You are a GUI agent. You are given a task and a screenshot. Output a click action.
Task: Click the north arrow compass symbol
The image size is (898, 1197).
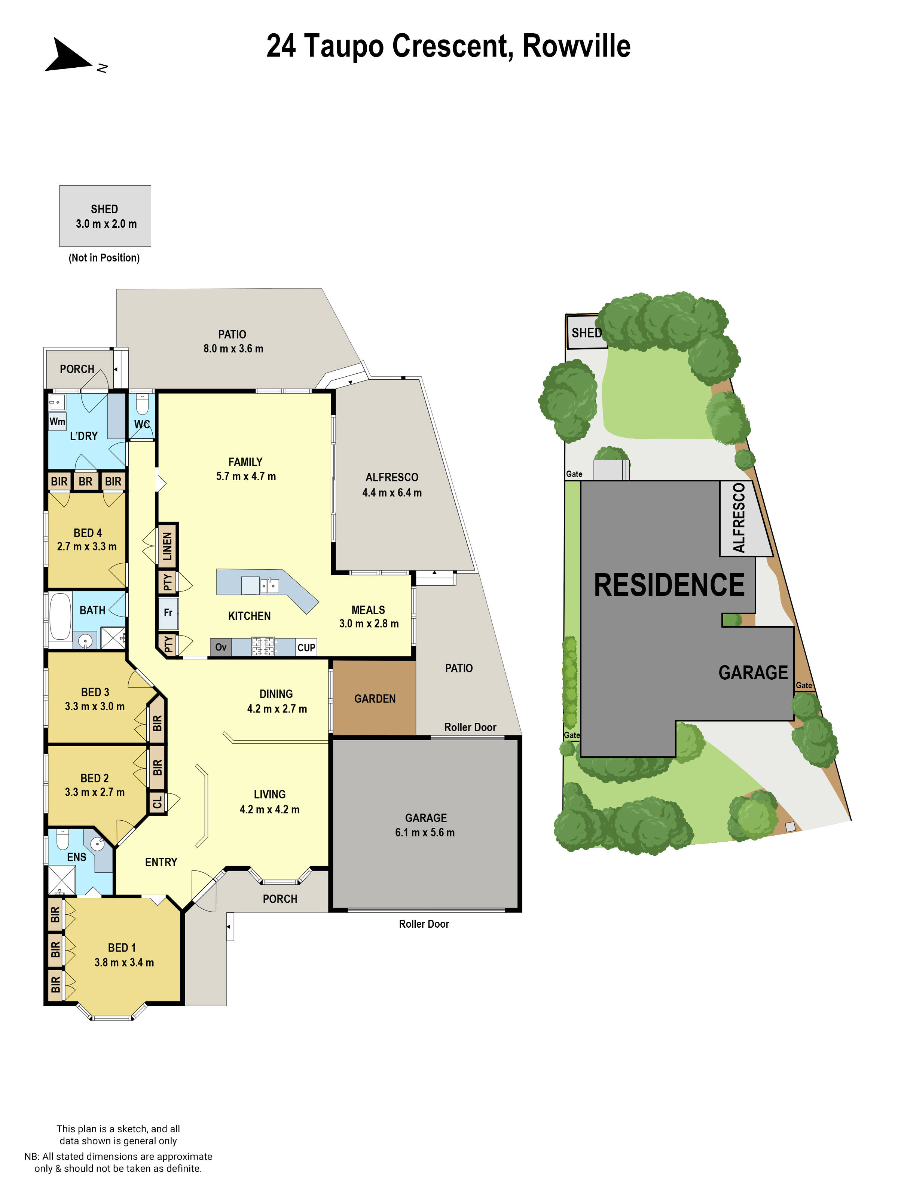68,56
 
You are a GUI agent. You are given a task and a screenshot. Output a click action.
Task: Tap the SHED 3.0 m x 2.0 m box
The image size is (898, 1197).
105,216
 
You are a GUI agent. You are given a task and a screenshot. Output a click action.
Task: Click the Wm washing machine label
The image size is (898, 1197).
57,422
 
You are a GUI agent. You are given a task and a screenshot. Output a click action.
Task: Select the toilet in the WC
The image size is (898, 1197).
142,405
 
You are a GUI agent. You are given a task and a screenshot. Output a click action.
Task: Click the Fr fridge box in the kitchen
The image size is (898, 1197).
168,613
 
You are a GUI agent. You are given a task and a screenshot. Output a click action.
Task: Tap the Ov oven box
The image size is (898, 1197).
220,647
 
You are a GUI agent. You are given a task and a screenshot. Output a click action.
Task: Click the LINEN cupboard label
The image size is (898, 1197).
167,546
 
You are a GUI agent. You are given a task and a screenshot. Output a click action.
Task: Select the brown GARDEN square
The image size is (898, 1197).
375,698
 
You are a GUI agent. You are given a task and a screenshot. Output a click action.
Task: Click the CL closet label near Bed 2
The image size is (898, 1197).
157,802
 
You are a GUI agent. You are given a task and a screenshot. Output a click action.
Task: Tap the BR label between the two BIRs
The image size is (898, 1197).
86,481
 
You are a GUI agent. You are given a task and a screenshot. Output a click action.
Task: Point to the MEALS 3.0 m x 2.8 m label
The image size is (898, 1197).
369,616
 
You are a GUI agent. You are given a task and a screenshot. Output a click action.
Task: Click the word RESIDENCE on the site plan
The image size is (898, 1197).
669,585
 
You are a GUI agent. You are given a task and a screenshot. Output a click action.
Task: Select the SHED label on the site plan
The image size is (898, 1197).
586,333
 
